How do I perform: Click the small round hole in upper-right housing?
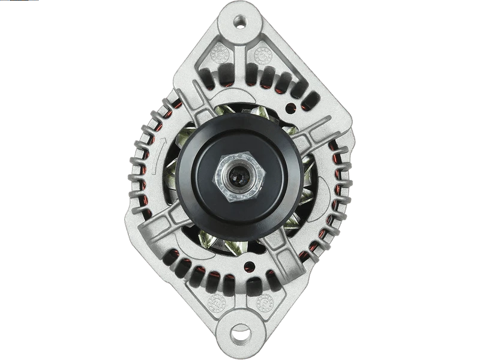pyautogui.click(x=292, y=109)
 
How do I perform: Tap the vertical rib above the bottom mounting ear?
pyautogui.click(x=240, y=288)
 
